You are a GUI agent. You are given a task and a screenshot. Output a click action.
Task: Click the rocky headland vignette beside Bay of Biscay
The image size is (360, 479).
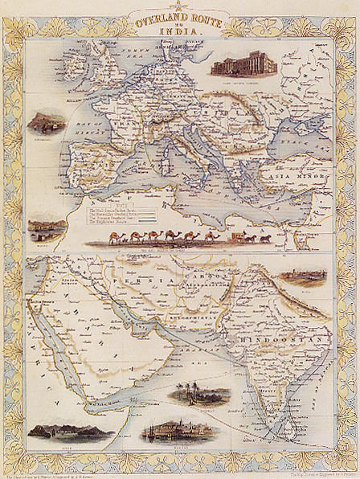click(46, 124)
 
